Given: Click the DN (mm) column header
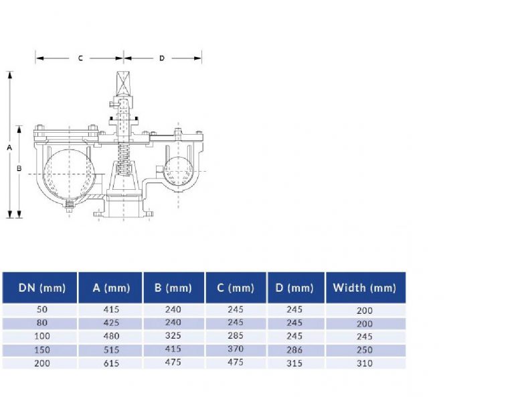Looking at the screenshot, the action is point(42,288).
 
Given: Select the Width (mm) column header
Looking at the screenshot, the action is point(365,288).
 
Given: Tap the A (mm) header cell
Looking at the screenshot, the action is point(111,288).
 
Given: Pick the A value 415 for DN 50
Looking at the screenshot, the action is point(111,310).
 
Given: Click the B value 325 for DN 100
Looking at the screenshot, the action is point(173,335).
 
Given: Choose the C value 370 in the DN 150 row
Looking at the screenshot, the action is point(236,349).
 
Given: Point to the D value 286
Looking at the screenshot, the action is point(294,350).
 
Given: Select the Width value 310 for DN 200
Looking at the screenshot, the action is point(365,363).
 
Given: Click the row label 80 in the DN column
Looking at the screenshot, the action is point(42,323).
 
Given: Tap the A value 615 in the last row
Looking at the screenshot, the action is point(111,363).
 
